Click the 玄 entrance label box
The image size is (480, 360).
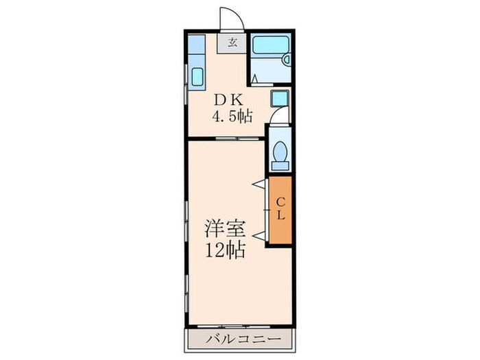pyautogui.click(x=232, y=43)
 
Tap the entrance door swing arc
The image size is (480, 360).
pyautogui.click(x=228, y=18)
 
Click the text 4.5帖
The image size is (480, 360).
pyautogui.click(x=232, y=116)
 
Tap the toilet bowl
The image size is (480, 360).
pyautogui.click(x=280, y=153)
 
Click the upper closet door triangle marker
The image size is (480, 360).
pyautogui.click(x=259, y=183)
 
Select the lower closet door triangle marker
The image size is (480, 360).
pyautogui.click(x=259, y=236)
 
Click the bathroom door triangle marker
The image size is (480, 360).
pyautogui.click(x=254, y=80)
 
